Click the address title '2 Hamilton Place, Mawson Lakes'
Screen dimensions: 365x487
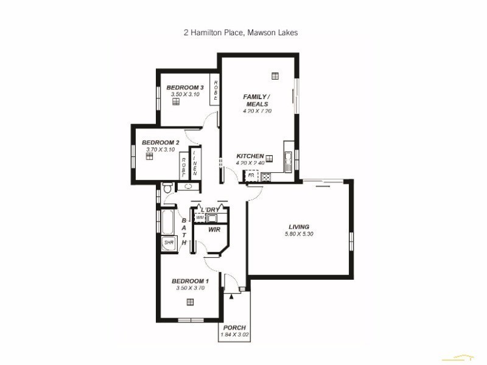pos(241,33)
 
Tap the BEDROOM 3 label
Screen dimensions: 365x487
pos(185,88)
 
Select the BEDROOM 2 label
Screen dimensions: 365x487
pos(160,142)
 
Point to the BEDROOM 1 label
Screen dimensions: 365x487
pos(190,280)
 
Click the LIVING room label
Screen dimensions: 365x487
pos(299,227)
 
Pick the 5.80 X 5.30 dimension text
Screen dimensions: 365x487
pos(299,234)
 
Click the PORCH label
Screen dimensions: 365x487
pos(234,327)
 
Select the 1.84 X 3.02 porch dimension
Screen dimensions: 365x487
pos(234,335)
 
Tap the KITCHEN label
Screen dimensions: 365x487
pos(250,156)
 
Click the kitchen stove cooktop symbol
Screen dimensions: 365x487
pos(266,177)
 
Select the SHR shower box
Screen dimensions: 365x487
pos(169,243)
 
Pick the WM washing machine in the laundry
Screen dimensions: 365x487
pos(200,217)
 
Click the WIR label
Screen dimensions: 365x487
pos(214,231)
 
